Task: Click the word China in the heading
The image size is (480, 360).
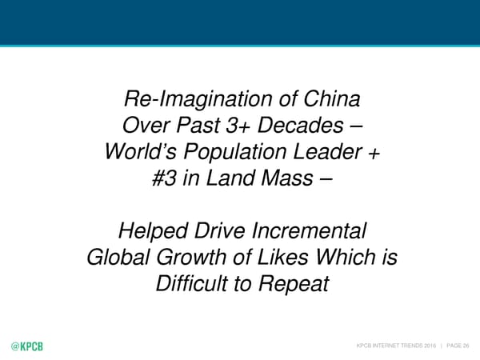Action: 332,98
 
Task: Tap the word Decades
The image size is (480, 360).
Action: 301,126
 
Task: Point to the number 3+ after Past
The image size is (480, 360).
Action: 238,126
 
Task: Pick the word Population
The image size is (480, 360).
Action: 235,153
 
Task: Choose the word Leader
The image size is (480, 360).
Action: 328,151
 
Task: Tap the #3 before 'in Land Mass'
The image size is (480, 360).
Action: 164,178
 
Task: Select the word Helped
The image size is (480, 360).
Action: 153,232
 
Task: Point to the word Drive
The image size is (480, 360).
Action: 220,230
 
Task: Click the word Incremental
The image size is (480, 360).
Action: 309,230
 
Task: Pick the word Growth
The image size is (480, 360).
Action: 191,257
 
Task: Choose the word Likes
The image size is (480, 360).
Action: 282,257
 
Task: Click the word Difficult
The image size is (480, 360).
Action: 192,283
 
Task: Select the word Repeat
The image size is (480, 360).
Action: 294,284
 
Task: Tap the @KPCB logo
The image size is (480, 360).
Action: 27,346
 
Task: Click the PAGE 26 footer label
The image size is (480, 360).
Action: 458,346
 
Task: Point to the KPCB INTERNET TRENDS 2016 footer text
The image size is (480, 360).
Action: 396,346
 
